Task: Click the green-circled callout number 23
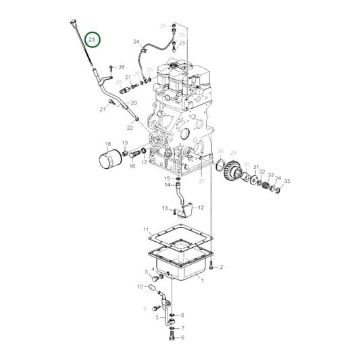click(92, 40)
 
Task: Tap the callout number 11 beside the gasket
click(146, 230)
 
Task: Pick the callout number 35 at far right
click(286, 181)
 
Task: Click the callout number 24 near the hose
click(136, 42)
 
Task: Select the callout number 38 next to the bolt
click(122, 67)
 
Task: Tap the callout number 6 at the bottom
click(182, 336)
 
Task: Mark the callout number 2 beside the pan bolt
click(221, 267)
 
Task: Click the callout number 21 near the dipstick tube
click(103, 109)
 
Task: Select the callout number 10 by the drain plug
click(140, 287)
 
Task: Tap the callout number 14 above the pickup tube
click(168, 184)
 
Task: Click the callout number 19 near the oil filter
click(125, 143)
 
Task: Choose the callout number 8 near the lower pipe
click(182, 315)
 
